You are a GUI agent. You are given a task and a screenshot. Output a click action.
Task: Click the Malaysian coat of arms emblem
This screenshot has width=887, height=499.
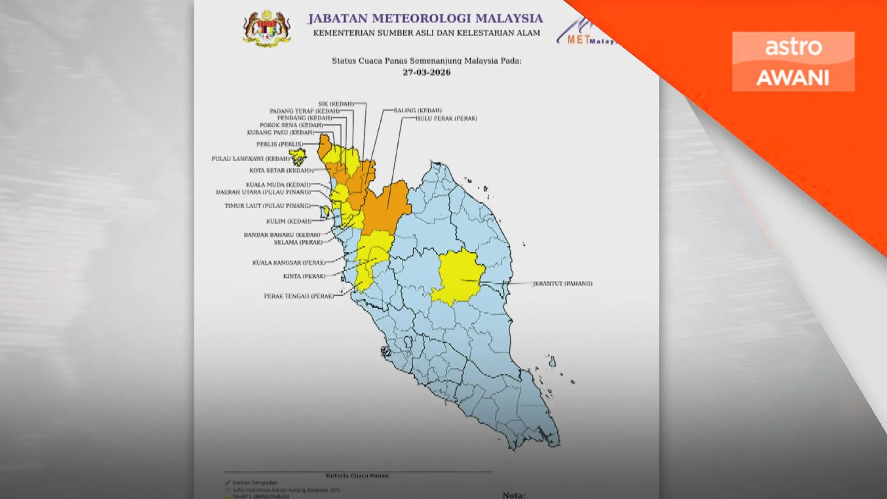point(267,28)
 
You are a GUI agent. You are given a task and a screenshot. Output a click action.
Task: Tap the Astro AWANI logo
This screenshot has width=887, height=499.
point(793,61)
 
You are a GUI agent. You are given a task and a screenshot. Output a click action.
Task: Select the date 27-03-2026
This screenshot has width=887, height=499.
point(426,72)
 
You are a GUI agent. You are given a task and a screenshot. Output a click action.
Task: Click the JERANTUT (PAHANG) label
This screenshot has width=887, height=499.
point(562,283)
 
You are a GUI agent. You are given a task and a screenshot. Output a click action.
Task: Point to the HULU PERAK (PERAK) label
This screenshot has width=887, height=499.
point(446,118)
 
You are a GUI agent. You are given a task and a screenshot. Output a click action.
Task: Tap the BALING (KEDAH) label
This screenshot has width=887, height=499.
point(418,110)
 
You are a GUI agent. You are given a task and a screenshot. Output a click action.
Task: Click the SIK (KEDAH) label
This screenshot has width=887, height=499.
point(336,103)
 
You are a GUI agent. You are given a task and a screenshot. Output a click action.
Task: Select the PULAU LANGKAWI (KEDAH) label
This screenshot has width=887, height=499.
point(250,158)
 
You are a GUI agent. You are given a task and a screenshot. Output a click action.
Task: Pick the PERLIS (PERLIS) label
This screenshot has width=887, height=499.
point(280,144)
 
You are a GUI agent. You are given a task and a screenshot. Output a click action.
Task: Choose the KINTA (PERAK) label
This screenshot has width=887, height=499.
point(304,276)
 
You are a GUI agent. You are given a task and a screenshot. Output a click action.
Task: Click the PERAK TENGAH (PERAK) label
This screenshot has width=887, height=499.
point(298,296)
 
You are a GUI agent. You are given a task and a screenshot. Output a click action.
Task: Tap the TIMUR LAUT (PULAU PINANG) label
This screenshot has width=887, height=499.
point(267,206)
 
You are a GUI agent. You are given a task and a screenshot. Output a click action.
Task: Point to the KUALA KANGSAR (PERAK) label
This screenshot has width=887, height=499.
point(289,262)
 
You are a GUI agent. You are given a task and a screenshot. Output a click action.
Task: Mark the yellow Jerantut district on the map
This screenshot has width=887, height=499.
point(457,277)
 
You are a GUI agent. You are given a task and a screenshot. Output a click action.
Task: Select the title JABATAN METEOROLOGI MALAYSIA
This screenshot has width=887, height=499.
point(425,18)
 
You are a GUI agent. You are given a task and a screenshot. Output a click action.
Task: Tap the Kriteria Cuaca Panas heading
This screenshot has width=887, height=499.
point(358,475)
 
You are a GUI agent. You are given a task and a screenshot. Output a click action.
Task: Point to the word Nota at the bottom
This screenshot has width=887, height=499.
point(513,495)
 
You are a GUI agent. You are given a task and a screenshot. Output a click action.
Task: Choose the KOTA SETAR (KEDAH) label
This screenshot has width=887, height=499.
point(280,170)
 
